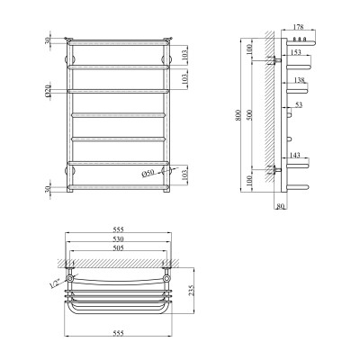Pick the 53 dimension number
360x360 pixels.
(299, 105)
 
